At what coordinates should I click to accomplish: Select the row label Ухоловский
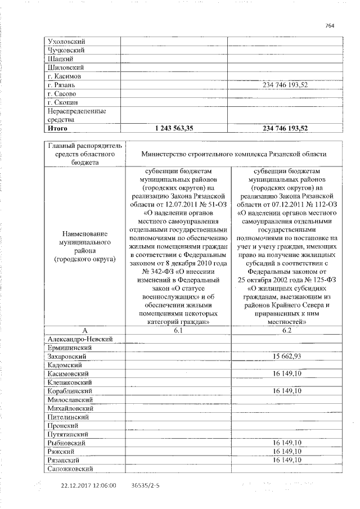click(x=66, y=41)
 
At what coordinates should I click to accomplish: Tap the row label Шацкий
click(x=60, y=58)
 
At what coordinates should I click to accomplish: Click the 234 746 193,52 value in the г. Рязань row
click(x=285, y=85)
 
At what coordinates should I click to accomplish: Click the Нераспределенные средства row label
click(x=70, y=115)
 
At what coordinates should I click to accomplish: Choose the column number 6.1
click(x=178, y=330)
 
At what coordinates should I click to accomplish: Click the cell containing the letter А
click(x=84, y=330)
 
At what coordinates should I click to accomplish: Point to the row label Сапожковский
click(x=71, y=469)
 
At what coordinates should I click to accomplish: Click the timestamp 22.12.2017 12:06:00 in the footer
click(x=89, y=485)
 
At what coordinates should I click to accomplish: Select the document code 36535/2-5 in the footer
click(x=145, y=485)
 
